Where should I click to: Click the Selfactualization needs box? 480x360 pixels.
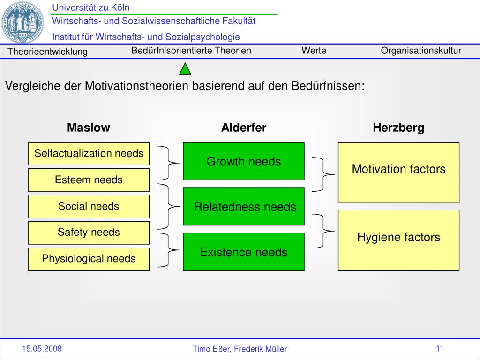[x=89, y=153]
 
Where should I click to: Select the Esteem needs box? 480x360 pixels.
[x=89, y=180]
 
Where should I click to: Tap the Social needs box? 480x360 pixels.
[x=89, y=206]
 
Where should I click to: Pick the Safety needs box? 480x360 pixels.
[x=89, y=232]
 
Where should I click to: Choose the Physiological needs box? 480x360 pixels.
[x=89, y=259]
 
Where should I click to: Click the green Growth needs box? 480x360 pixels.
[x=243, y=161]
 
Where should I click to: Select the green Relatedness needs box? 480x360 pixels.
[x=243, y=206]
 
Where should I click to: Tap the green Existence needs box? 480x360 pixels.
[x=243, y=252]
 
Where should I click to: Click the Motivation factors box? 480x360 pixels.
[x=398, y=172]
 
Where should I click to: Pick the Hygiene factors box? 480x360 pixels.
[x=398, y=240]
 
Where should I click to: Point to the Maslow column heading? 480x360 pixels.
[x=89, y=127]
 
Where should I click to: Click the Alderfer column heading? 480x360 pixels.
[x=244, y=127]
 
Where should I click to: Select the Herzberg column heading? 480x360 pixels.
[x=398, y=127]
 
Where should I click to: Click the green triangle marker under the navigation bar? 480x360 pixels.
[x=186, y=69]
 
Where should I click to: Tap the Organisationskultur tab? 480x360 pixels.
[x=421, y=51]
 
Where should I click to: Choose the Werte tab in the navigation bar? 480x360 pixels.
[x=314, y=51]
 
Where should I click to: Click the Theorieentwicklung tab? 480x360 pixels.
[x=48, y=52]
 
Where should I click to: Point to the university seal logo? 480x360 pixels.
[x=23, y=22]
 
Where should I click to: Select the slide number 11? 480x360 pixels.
[x=440, y=348]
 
